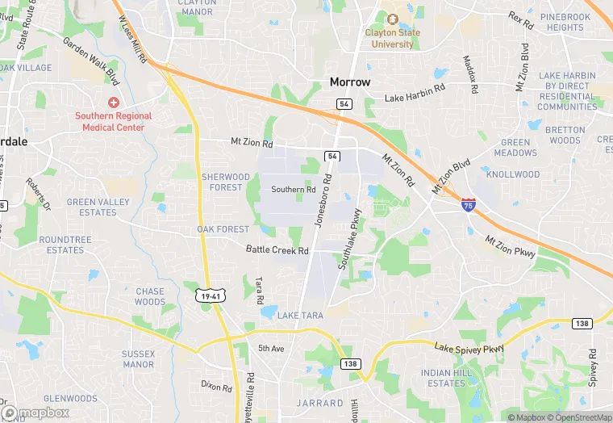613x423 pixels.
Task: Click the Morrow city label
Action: tap(350, 82)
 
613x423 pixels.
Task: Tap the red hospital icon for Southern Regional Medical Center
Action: tap(114, 103)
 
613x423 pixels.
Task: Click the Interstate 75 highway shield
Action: tap(469, 207)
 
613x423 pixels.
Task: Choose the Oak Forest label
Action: tap(223, 229)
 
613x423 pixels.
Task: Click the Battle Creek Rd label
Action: tap(277, 250)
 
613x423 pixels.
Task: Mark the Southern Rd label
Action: tap(293, 190)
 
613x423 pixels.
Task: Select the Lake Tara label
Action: tap(300, 316)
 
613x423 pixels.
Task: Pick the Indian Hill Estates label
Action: tap(443, 378)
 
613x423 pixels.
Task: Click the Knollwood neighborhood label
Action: tap(513, 174)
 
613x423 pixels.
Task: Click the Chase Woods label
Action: tap(150, 296)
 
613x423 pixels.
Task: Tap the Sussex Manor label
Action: tap(137, 359)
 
